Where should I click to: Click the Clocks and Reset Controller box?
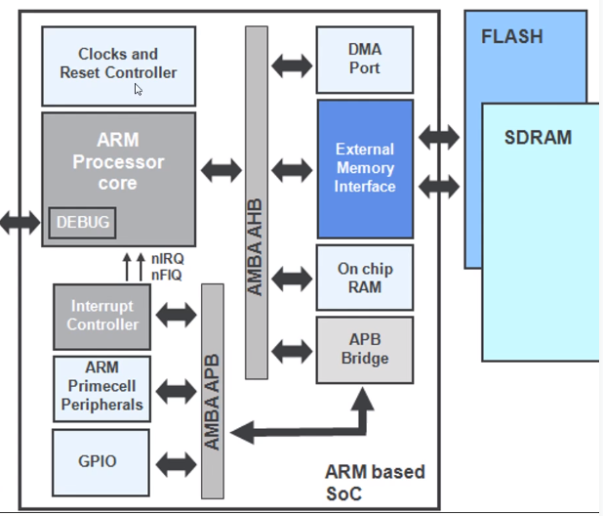[x=117, y=64]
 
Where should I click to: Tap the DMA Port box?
[x=364, y=60]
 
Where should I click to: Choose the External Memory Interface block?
[x=365, y=168]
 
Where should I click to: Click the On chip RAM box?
[x=364, y=278]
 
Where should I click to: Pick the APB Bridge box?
[x=364, y=349]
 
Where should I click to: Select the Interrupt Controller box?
[x=102, y=316]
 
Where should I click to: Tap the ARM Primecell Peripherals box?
[x=101, y=387]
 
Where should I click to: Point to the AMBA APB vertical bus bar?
[x=212, y=391]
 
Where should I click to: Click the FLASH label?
[x=511, y=37]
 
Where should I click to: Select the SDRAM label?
[x=538, y=137]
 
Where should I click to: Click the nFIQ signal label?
[x=167, y=275]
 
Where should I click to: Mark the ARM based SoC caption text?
[x=374, y=483]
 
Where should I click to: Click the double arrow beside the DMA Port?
[x=292, y=65]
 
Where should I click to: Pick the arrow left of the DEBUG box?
[x=20, y=223]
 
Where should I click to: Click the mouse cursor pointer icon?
[x=139, y=90]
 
